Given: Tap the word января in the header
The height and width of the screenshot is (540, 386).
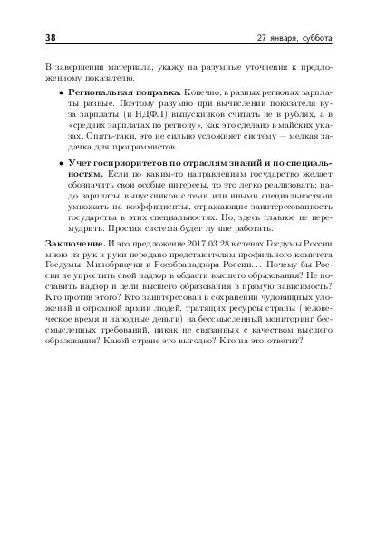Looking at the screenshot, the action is coord(285,39).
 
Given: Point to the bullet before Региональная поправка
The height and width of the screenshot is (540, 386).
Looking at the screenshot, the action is coord(60,93).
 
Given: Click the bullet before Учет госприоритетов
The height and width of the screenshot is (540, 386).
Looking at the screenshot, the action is coord(60,160).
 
